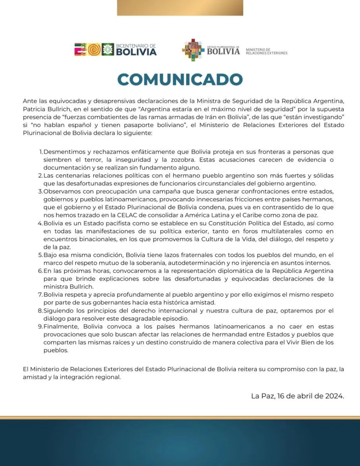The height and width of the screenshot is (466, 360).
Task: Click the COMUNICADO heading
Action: (x=180, y=80)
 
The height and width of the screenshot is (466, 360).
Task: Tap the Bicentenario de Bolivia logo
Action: (x=115, y=50)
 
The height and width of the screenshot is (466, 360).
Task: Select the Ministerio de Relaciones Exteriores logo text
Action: (x=266, y=51)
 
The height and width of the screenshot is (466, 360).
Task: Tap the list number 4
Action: (x=40, y=224)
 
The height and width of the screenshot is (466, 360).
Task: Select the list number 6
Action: (x=40, y=270)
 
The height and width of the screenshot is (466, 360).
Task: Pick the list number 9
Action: (x=40, y=327)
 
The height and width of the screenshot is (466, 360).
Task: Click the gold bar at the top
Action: (x=180, y=8)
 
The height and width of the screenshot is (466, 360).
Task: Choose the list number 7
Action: (x=40, y=295)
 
